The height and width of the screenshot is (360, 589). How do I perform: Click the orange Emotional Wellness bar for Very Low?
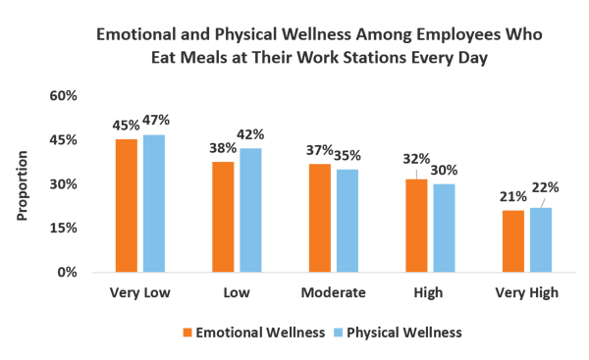point(126,205)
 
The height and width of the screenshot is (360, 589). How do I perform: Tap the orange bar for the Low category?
point(223,216)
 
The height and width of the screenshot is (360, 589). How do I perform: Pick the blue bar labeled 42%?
point(250,210)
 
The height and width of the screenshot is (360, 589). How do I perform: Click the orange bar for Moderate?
point(319,218)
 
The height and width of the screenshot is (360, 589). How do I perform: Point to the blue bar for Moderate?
point(347,221)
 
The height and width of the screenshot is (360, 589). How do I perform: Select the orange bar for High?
point(416,225)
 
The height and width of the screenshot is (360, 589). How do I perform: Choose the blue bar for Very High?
point(541,239)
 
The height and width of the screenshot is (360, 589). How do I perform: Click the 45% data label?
point(126,126)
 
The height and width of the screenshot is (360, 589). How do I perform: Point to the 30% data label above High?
point(445,169)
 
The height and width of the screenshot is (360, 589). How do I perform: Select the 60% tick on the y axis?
point(64,96)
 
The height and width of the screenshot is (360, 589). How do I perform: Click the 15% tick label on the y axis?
point(64,228)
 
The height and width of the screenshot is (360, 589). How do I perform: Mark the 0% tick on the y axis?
point(68,272)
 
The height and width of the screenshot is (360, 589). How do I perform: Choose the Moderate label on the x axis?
point(333,292)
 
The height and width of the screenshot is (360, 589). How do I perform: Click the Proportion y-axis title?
point(23,184)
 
